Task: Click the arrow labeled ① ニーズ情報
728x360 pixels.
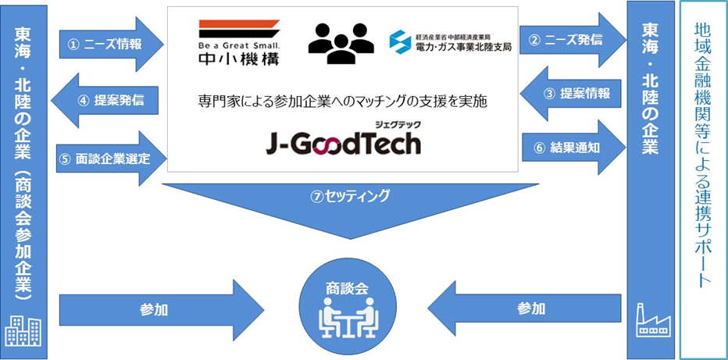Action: coord(112,45)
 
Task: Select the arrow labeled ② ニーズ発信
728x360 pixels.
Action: coord(573,41)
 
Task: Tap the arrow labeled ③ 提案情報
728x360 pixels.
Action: coord(573,94)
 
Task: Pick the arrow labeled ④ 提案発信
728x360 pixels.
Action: coord(105,100)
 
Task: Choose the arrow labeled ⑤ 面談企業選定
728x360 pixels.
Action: coord(112,159)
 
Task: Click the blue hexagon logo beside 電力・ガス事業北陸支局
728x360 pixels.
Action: coord(400,42)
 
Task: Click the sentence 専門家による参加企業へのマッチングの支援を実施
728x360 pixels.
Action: coord(342,102)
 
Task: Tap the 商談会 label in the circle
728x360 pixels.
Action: coord(348,289)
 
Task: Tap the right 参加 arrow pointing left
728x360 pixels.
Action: coord(524,308)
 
